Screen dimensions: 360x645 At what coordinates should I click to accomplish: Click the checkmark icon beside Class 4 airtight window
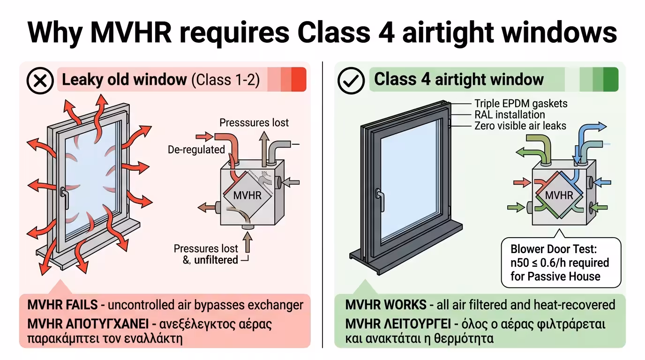tap(351, 81)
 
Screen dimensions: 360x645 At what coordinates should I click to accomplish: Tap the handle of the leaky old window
tap(63, 192)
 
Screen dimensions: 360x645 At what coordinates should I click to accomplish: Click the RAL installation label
tap(510, 115)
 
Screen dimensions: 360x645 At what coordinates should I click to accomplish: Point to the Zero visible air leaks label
tap(520, 126)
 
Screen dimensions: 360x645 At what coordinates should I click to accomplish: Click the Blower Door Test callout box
tap(561, 262)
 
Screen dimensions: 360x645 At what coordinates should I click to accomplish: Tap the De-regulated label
tap(196, 150)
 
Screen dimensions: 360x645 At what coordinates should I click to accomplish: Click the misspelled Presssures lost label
tap(254, 123)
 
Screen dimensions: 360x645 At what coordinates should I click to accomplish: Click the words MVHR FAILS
tap(62, 305)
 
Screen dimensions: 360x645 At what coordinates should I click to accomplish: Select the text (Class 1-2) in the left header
tap(225, 80)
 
